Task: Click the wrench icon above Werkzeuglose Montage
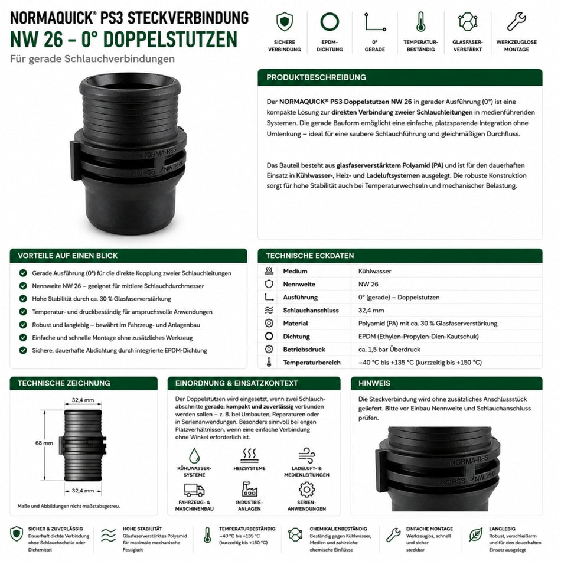[516, 21]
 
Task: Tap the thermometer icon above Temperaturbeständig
[420, 21]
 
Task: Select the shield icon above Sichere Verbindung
[285, 21]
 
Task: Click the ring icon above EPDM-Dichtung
[330, 21]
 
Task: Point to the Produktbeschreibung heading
[317, 77]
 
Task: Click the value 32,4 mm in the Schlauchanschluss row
[371, 310]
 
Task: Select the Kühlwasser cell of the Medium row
[374, 271]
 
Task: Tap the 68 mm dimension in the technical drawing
[44, 443]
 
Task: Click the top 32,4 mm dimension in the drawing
[83, 400]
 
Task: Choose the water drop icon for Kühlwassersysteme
[194, 455]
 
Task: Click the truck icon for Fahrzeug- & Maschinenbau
[194, 490]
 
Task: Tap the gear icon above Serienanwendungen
[306, 490]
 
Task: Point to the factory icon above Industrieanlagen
[249, 489]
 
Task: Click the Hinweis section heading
[374, 383]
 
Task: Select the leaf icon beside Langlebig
[475, 535]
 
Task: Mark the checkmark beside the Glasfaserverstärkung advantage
[23, 299]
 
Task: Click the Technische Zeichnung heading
[64, 383]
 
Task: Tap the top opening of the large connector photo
[129, 85]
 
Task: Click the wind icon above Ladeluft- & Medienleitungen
[306, 455]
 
